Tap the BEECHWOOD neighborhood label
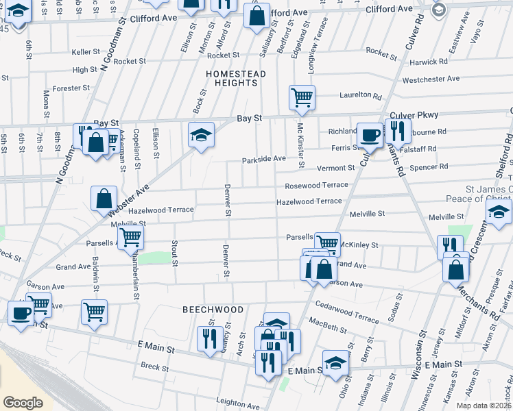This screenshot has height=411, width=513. [213, 310]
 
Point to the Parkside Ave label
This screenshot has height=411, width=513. [263, 159]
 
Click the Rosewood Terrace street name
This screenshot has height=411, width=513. [317, 185]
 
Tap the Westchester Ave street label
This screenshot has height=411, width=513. [431, 79]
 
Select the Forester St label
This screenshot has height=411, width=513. [71, 88]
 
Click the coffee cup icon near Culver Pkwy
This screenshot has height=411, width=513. [370, 135]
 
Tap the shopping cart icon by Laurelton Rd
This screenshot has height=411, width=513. [302, 98]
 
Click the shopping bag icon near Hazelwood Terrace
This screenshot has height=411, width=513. [104, 199]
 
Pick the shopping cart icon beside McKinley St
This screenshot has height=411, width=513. [328, 242]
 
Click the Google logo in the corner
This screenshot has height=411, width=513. [23, 402]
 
